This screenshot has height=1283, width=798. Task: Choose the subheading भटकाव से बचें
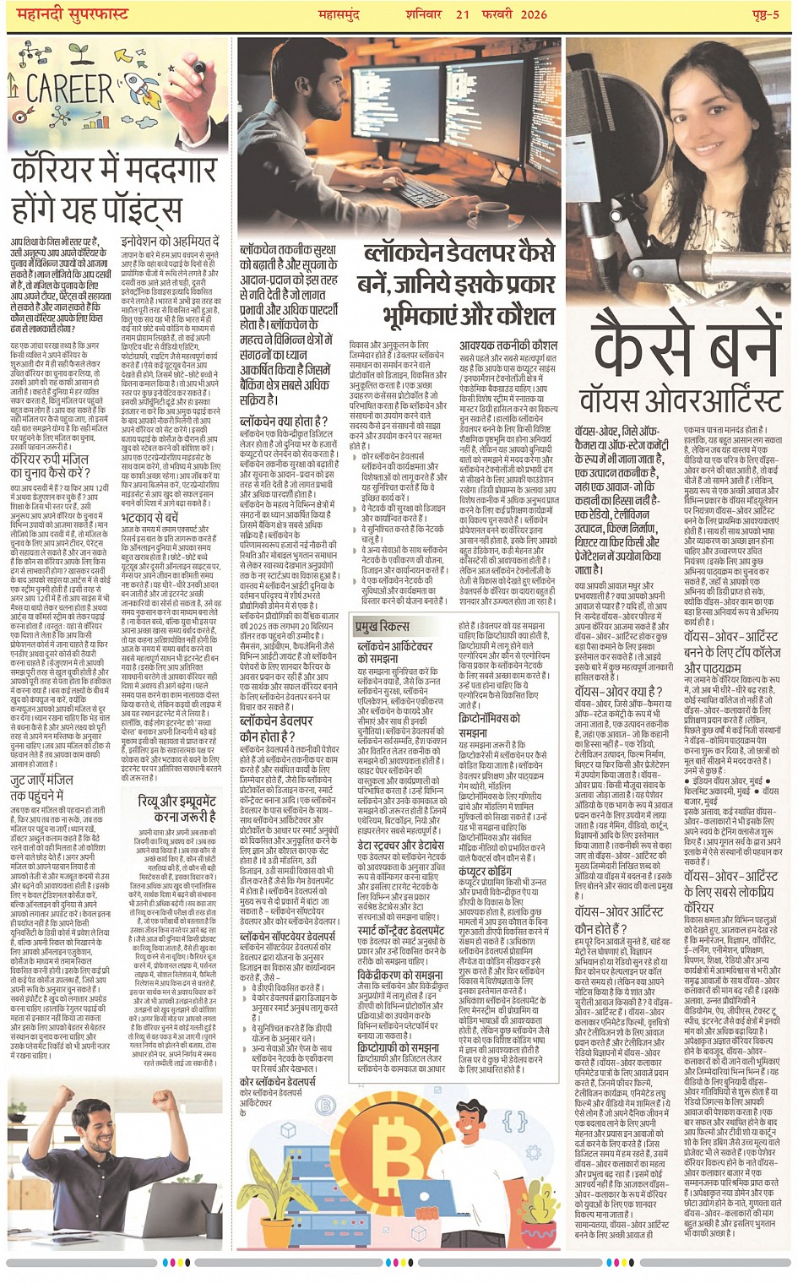149,518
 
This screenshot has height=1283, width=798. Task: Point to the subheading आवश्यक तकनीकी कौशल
508,345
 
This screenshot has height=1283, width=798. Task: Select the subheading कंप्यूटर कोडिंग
484,871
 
